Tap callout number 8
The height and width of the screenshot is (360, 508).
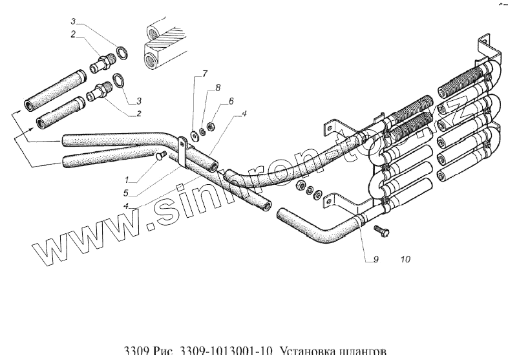coord(217,87)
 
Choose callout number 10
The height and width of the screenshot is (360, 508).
coord(405,260)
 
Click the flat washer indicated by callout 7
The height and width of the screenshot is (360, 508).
coord(193,136)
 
